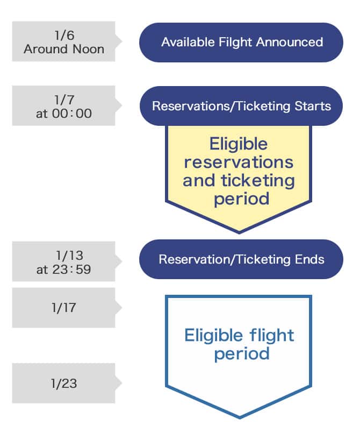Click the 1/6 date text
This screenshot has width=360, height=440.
[64, 36]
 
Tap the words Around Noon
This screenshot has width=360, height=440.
[64, 48]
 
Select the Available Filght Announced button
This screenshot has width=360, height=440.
[241, 42]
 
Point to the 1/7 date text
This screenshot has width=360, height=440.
[64, 100]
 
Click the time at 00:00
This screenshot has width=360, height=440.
[64, 113]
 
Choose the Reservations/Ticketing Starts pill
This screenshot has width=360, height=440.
[241, 105]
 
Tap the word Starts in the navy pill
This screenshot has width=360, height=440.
[313, 105]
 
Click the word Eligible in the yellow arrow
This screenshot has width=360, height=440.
[239, 144]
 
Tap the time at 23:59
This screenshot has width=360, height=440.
[64, 269]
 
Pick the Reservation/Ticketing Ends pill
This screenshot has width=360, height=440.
[241, 259]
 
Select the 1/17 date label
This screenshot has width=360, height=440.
[64, 308]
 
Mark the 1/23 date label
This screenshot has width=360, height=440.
[64, 384]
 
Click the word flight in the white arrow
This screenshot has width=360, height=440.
[268, 336]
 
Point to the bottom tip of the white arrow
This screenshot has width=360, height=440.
[239, 417]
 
